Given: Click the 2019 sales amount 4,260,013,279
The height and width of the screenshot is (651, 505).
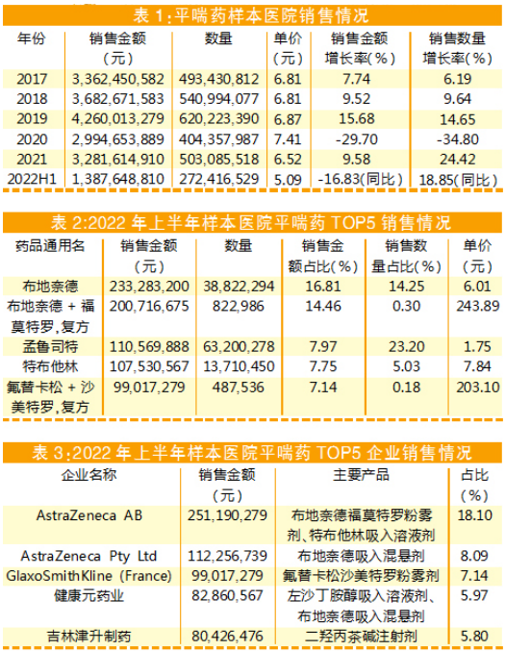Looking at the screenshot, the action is click(118, 119).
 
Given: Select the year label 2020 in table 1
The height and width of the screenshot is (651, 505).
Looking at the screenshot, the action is click(32, 139).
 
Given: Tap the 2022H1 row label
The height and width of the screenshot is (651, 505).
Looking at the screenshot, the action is click(32, 180).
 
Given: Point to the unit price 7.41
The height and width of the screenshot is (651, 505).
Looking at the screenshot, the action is click(288, 139).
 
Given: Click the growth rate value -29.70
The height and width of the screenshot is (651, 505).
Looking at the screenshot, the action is click(357, 139).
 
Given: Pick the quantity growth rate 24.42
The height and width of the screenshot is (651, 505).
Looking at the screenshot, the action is click(458, 160).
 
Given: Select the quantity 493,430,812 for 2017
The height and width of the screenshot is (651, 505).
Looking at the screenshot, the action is click(219, 79).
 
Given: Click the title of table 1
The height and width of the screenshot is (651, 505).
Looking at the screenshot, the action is click(251, 15).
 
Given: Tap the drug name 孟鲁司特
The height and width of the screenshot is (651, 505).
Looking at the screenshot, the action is click(50, 347).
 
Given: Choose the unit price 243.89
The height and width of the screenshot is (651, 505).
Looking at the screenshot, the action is click(478, 307).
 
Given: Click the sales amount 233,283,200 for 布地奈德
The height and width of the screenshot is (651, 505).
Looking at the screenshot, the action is click(149, 287).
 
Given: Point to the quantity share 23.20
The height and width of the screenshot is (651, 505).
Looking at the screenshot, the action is click(407, 347).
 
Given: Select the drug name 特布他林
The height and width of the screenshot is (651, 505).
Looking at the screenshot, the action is click(50, 366).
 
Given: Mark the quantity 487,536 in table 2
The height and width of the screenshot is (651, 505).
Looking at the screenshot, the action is click(239, 388).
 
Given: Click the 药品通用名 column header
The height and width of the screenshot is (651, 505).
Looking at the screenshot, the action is click(50, 246).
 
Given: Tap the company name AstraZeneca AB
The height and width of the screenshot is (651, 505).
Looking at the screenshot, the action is click(89, 515).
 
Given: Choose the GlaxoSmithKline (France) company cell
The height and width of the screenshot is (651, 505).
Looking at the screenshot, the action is click(88, 576).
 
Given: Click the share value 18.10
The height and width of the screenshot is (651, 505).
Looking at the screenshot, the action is click(474, 515).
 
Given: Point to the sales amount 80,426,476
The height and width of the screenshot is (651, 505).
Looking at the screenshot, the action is click(227, 636).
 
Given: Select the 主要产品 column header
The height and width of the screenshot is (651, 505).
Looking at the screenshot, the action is click(362, 475).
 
